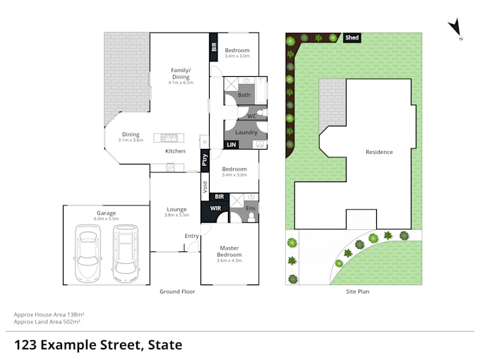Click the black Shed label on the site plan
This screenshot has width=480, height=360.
[x=352, y=37]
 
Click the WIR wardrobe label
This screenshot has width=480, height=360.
[x=215, y=208]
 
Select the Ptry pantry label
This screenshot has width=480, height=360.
[x=205, y=160]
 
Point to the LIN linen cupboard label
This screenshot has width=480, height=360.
[x=231, y=145]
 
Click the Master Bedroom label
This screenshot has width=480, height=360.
[x=229, y=251]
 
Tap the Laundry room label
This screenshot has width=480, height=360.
[x=246, y=132]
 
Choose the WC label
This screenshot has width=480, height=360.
[x=251, y=116]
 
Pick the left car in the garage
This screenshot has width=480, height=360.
[x=88, y=253]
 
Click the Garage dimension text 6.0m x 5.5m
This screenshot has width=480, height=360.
[x=107, y=219]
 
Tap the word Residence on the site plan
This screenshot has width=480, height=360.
[x=379, y=152]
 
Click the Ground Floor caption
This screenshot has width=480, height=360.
[x=178, y=292]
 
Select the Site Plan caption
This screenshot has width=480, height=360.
[x=357, y=292]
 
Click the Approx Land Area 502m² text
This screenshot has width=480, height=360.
[x=47, y=321]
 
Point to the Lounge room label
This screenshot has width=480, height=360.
[x=176, y=209]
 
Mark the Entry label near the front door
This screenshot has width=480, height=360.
[x=191, y=236]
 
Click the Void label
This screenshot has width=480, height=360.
[x=205, y=187]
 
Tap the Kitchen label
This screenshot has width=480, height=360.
[x=175, y=151]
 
